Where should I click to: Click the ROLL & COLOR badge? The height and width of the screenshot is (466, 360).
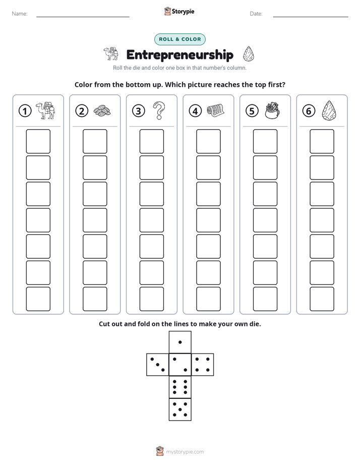pyautogui.click(x=179, y=39)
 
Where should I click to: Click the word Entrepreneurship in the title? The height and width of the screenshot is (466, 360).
pyautogui.click(x=179, y=55)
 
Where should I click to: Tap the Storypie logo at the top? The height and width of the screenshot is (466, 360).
pyautogui.click(x=179, y=12)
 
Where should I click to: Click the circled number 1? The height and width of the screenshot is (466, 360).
pyautogui.click(x=25, y=111)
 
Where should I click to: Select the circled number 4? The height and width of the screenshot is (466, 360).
pyautogui.click(x=195, y=111)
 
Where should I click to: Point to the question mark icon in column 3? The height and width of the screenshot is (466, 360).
pyautogui.click(x=159, y=110)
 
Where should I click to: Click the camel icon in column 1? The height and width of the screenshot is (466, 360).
pyautogui.click(x=45, y=110)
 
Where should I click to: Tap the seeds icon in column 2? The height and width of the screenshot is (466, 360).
pyautogui.click(x=102, y=110)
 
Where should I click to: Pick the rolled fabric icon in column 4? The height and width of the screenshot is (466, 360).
pyautogui.click(x=215, y=110)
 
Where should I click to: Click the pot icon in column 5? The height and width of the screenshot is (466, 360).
pyautogui.click(x=272, y=110)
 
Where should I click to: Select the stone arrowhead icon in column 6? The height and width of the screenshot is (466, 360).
pyautogui.click(x=329, y=110)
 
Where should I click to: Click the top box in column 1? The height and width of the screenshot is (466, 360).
pyautogui.click(x=38, y=141)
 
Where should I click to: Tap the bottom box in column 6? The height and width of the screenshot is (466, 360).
pyautogui.click(x=322, y=299)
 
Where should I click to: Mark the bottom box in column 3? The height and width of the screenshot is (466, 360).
pyautogui.click(x=151, y=299)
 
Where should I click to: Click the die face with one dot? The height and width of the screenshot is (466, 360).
pyautogui.click(x=180, y=342)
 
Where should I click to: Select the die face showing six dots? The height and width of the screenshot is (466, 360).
pyautogui.click(x=180, y=387)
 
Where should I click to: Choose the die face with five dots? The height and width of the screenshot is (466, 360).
pyautogui.click(x=180, y=410)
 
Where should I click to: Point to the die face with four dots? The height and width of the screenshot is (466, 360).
pyautogui.click(x=203, y=365)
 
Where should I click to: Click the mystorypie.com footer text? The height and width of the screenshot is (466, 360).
pyautogui.click(x=185, y=452)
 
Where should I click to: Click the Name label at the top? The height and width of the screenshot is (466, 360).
pyautogui.click(x=20, y=14)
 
